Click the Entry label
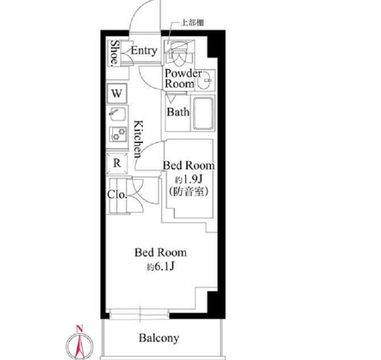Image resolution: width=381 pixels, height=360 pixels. (144, 51)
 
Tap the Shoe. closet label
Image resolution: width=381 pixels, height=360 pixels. (115, 53)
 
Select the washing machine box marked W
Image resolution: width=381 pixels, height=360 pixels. (117, 93)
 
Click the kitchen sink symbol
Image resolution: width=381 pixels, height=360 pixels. (118, 114)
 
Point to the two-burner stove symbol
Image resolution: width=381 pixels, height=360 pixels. (118, 134)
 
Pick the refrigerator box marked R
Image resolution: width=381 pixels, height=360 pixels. (117, 163)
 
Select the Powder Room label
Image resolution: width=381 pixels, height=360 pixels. (183, 79)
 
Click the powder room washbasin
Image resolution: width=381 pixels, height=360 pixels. (205, 80)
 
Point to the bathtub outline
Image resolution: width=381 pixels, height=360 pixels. (204, 113)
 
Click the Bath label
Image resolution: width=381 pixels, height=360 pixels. (178, 112)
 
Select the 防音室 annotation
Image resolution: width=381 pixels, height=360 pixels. (189, 191)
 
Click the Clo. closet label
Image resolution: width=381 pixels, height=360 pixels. (117, 195)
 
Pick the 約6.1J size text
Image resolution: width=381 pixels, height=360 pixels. (160, 267)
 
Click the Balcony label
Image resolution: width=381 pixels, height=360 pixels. (159, 338)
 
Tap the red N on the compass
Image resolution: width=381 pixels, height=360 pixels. (80, 329)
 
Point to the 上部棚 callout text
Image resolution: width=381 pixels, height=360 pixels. (192, 23)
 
